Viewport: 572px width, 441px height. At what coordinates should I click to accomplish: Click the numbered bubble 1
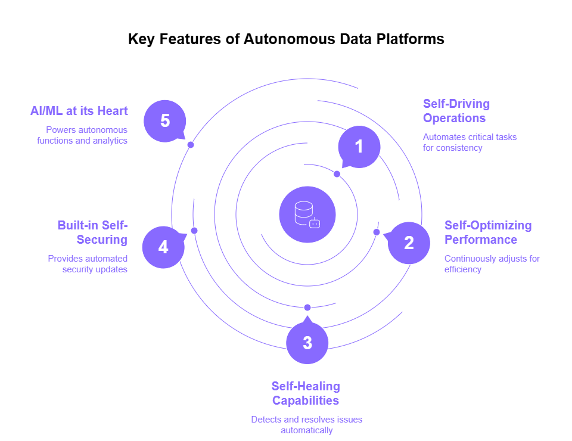(x=359, y=146)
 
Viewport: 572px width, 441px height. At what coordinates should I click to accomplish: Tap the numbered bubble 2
(x=409, y=243)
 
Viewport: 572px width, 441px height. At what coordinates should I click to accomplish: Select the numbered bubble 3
(x=307, y=343)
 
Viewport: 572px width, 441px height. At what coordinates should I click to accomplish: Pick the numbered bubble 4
(x=163, y=247)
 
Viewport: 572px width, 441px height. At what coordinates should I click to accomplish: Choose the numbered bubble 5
(x=165, y=121)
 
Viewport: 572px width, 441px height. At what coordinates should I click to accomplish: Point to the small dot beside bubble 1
(x=337, y=174)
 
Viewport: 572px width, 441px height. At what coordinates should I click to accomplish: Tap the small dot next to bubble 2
(x=377, y=232)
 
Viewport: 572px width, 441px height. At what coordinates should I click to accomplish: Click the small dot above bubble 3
(x=307, y=308)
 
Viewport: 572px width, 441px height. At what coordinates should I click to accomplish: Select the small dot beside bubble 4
(x=194, y=231)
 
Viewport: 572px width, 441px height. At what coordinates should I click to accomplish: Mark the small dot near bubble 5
(x=191, y=145)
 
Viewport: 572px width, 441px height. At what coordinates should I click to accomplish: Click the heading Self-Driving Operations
(x=456, y=111)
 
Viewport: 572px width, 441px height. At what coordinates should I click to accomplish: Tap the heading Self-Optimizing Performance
(x=487, y=232)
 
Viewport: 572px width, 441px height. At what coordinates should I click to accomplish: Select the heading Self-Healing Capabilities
(x=306, y=393)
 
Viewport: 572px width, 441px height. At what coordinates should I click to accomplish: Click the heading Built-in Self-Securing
(x=93, y=232)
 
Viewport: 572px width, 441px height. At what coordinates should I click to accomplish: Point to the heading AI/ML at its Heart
(x=79, y=111)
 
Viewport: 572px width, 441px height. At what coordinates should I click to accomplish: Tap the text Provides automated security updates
(x=88, y=264)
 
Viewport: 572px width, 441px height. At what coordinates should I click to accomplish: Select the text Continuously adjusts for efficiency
(x=492, y=264)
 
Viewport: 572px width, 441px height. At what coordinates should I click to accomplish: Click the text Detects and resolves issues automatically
(x=306, y=425)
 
